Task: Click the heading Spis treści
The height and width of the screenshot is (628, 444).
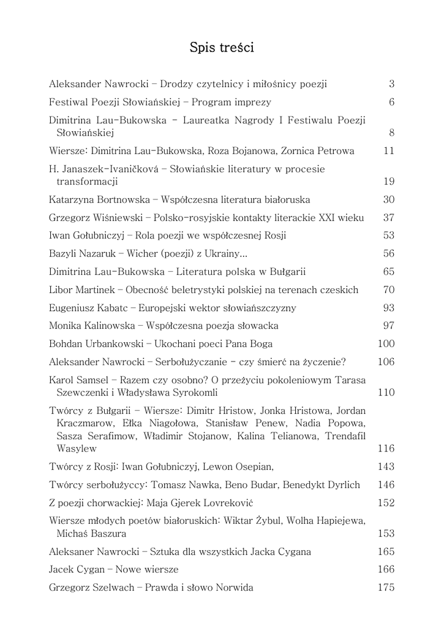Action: (x=222, y=47)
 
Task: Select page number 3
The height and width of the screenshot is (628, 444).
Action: (x=391, y=84)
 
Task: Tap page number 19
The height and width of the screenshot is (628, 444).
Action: (x=388, y=182)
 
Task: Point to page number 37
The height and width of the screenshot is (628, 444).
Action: (x=388, y=218)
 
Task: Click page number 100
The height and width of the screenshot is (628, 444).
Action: (x=386, y=343)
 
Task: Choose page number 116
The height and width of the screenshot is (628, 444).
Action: (x=386, y=448)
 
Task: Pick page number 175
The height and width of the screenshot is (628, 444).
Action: (x=386, y=588)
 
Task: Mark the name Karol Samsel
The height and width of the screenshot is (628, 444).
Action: (x=77, y=380)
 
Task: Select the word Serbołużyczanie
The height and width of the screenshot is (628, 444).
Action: (x=193, y=362)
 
